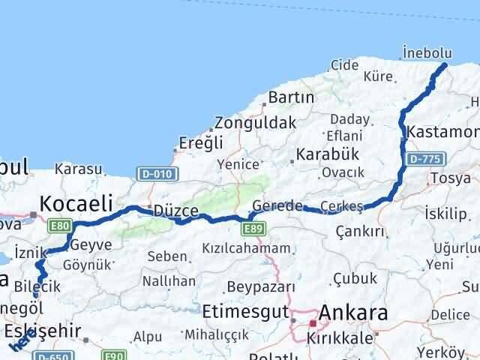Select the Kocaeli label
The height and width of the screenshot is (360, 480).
(x=76, y=202)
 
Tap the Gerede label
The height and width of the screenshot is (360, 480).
(x=277, y=205)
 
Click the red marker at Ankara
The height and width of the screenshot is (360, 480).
(x=313, y=323)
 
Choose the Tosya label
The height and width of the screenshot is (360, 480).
(x=446, y=178)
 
